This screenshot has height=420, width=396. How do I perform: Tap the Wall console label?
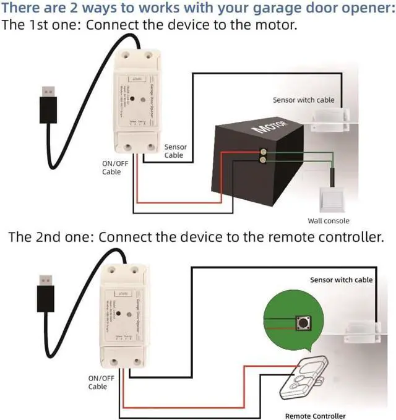(328, 221)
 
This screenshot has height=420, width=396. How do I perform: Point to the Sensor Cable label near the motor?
(174, 151)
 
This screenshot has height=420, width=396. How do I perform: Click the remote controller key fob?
(303, 380)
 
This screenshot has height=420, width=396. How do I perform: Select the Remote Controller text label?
(315, 416)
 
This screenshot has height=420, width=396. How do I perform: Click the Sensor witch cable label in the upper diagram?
(303, 100)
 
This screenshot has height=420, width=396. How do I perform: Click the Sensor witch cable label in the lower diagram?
(341, 280)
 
